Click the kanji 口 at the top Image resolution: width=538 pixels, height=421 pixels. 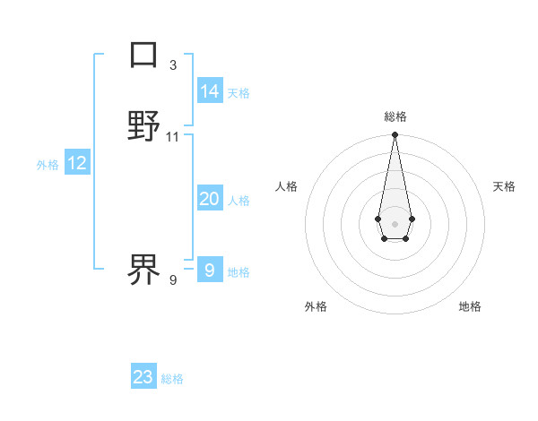tap(143, 55)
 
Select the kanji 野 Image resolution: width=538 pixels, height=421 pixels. tap(143, 126)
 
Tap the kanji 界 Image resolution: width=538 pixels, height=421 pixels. tap(143, 270)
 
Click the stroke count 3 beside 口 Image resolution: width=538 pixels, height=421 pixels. tap(173, 65)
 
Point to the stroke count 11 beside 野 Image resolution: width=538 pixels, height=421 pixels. tap(173, 137)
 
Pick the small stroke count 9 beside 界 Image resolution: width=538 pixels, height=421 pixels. tap(173, 280)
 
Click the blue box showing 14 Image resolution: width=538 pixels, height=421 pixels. tap(210, 90)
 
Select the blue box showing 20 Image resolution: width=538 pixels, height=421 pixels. tap(210, 199)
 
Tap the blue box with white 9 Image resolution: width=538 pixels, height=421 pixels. tap(210, 270)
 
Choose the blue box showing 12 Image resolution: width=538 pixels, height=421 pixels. tap(77, 163)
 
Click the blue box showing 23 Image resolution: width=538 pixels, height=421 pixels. tap(143, 377)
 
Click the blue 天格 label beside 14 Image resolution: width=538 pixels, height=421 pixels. tap(239, 93)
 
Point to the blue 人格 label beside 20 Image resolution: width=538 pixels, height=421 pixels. tap(239, 201)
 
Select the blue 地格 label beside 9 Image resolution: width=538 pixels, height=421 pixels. tap(239, 272)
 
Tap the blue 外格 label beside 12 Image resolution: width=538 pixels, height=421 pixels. tap(48, 165)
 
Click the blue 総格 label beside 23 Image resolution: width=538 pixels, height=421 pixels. tap(172, 379)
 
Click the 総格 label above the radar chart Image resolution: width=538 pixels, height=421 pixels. tap(395, 116)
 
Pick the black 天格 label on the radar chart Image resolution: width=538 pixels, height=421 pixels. tap(504, 186)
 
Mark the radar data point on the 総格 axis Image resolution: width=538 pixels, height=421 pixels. tap(395, 135)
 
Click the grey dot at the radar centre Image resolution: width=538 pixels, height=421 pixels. tap(395, 224)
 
